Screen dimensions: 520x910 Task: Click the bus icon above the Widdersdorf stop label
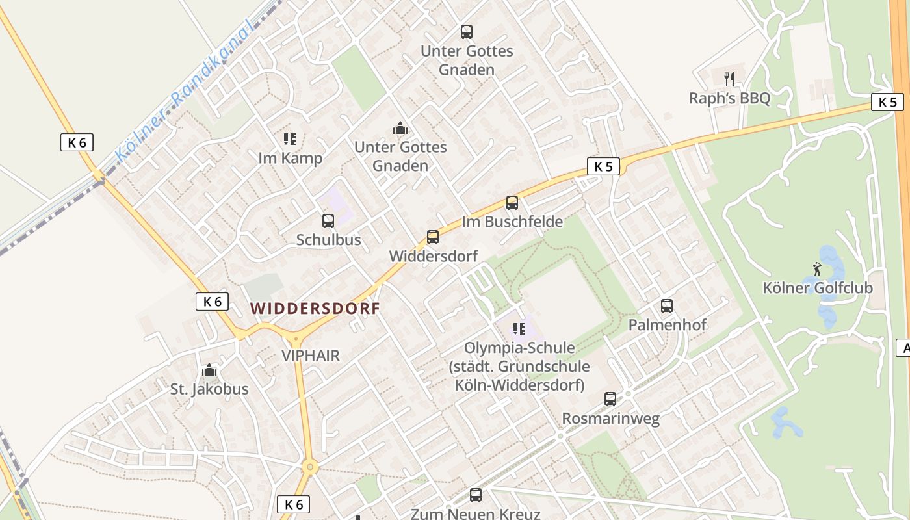pyautogui.click(x=433, y=237)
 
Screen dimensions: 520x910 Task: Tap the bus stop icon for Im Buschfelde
pyautogui.click(x=512, y=203)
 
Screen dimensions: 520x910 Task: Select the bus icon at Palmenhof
pyautogui.click(x=667, y=305)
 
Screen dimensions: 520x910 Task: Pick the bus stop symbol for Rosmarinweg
pyautogui.click(x=610, y=399)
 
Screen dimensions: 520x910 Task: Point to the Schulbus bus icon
pyautogui.click(x=328, y=221)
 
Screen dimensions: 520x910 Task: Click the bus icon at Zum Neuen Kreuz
pyautogui.click(x=476, y=495)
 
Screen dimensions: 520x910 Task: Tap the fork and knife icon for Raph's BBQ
pyautogui.click(x=729, y=79)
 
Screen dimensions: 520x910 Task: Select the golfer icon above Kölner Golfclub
pyautogui.click(x=817, y=268)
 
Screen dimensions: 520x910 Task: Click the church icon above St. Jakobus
pyautogui.click(x=209, y=370)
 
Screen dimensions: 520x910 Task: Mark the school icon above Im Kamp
pyautogui.click(x=290, y=138)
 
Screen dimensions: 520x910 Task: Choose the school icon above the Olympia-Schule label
pyautogui.click(x=519, y=329)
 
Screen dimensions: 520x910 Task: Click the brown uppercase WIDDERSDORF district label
pyautogui.click(x=315, y=309)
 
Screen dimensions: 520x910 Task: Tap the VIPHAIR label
pyautogui.click(x=311, y=356)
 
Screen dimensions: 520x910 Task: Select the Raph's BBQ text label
pyautogui.click(x=729, y=98)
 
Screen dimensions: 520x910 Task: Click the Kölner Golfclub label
pyautogui.click(x=817, y=287)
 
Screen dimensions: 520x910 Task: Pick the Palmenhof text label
pyautogui.click(x=667, y=324)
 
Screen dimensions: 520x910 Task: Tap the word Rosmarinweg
pyautogui.click(x=610, y=419)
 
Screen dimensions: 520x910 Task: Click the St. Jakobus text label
pyautogui.click(x=209, y=389)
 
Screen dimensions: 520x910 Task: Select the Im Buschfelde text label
pyautogui.click(x=512, y=222)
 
